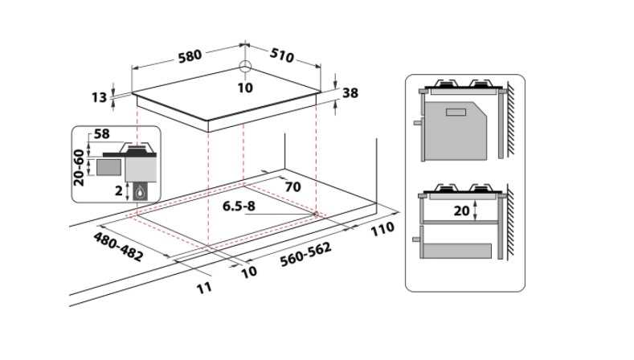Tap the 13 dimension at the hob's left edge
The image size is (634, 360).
pyautogui.click(x=99, y=97)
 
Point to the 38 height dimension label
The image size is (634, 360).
pyautogui.click(x=350, y=92)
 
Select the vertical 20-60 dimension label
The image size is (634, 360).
pyautogui.click(x=79, y=166)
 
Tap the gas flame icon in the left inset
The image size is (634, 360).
pyautogui.click(x=141, y=191)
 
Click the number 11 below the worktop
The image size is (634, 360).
pyautogui.click(x=207, y=286)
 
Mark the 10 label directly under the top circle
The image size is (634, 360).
pyautogui.click(x=245, y=87)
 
